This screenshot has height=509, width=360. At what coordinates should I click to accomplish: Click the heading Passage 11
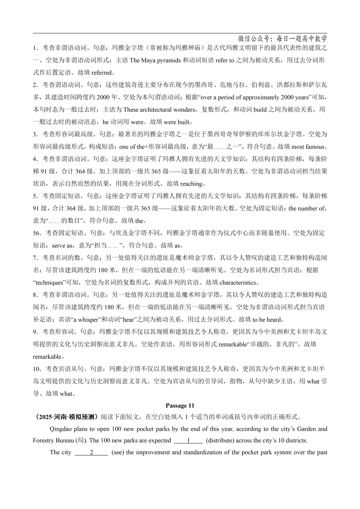coord(180,406)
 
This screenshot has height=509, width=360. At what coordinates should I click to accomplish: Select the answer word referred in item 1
coord(101,73)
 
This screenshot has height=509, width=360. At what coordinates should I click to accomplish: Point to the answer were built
coord(176,122)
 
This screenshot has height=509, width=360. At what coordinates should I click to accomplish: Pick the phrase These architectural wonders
coord(159,110)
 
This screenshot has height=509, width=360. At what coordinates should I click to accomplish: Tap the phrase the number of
coord(306,208)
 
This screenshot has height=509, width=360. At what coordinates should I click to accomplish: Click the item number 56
coord(37,233)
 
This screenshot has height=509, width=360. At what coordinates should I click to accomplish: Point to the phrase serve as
coord(62,245)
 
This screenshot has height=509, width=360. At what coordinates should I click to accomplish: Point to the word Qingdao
coord(61,429)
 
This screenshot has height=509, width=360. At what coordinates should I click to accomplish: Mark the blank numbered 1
coord(188,441)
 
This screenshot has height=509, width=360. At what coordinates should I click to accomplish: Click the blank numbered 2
coord(91,453)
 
